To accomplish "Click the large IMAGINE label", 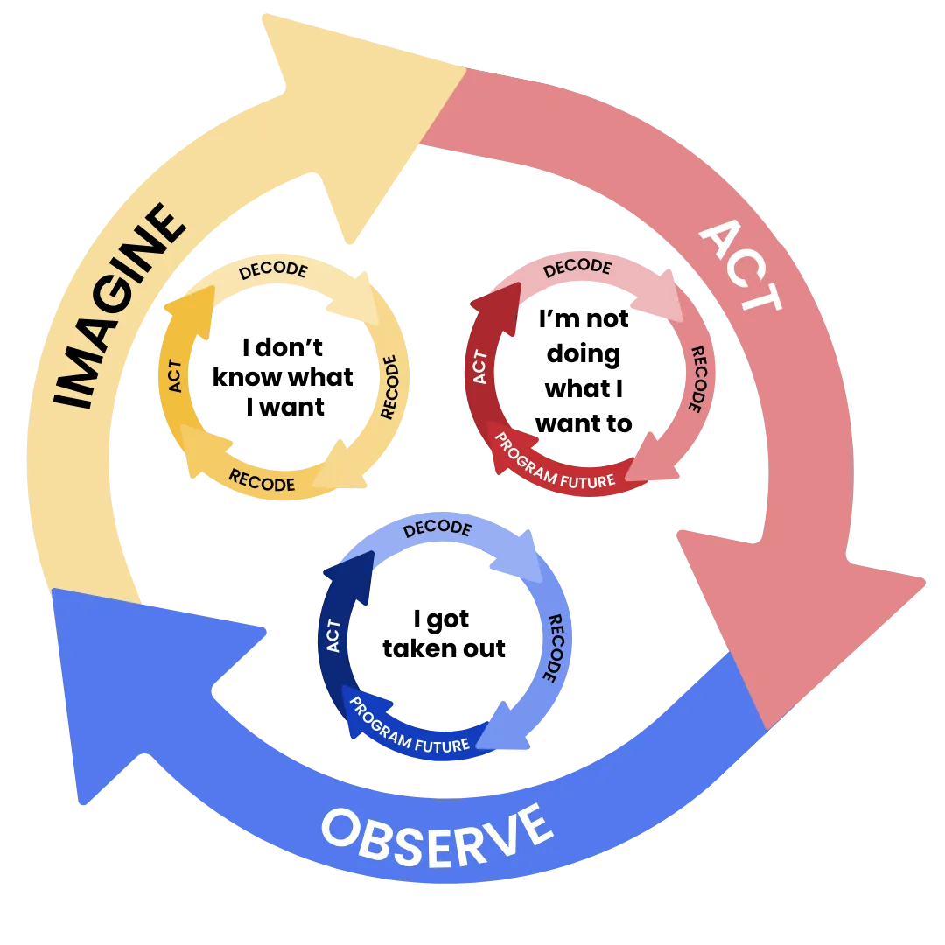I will click(x=118, y=306).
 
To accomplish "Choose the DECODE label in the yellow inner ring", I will click(x=273, y=269).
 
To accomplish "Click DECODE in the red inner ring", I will click(x=577, y=268).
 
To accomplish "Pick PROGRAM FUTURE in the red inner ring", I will click(x=556, y=460).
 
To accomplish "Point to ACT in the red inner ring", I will click(x=479, y=367).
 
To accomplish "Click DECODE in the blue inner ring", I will click(x=437, y=528).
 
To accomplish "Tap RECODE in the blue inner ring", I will click(x=553, y=647).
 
